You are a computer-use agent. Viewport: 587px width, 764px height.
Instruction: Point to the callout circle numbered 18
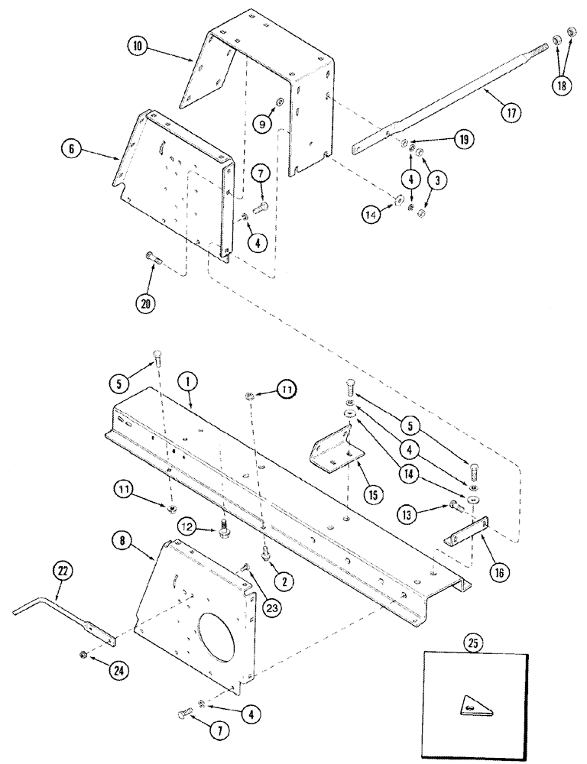(563, 85)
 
